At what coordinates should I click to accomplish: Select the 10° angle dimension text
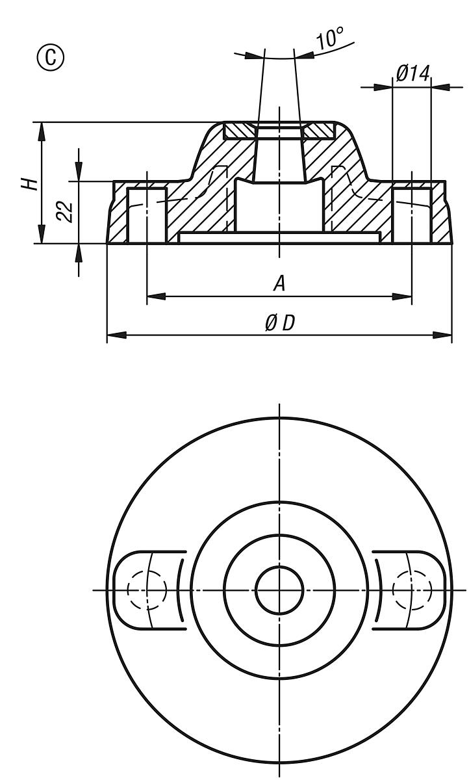click(329, 40)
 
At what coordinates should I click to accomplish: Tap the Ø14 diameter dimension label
click(412, 73)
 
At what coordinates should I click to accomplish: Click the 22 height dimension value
click(64, 211)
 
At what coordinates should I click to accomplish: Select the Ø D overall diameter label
click(279, 323)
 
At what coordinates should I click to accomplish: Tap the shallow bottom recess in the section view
click(279, 238)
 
